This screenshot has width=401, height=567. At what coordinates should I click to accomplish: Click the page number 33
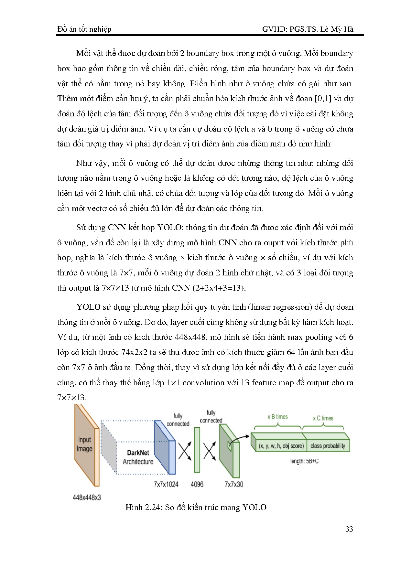(x=349, y=529)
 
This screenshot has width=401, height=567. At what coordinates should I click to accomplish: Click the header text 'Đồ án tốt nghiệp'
(x=84, y=29)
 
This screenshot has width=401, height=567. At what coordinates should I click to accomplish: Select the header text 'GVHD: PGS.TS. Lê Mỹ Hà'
(x=308, y=29)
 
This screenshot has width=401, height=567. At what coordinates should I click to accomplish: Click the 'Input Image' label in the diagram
(x=84, y=444)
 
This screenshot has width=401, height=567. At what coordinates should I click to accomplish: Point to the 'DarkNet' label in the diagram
(x=138, y=453)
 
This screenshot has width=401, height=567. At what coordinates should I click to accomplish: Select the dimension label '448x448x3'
(x=87, y=497)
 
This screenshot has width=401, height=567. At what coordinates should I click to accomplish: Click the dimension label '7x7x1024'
(x=166, y=484)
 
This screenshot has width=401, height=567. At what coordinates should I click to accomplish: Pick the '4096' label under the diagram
(x=197, y=484)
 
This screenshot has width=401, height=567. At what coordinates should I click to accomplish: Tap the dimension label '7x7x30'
(x=233, y=484)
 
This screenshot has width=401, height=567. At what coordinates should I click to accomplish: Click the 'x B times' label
(x=277, y=417)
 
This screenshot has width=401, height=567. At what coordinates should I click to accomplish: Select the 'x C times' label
(x=323, y=418)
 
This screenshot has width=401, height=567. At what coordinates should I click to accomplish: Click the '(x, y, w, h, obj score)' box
(x=281, y=446)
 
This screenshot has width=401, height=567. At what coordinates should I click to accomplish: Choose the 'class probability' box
(x=328, y=446)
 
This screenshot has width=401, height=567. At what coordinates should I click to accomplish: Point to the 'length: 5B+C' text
(x=304, y=461)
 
